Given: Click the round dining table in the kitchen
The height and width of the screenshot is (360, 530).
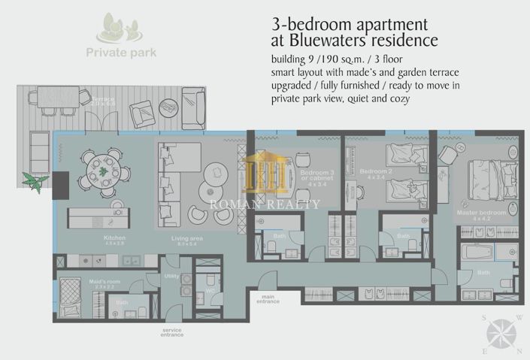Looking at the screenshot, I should [x=102, y=171].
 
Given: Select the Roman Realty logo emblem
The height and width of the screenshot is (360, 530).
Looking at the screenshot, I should [x=264, y=174].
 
